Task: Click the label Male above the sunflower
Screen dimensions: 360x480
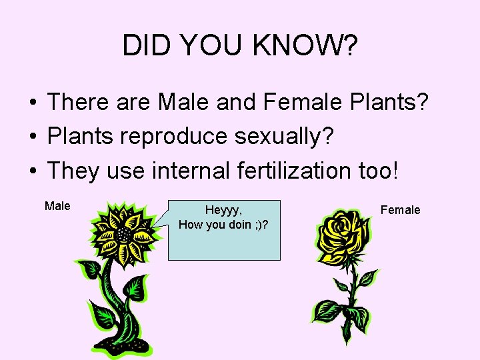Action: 57,206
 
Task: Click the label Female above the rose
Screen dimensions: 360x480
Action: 400,210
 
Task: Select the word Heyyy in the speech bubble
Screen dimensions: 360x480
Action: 222,210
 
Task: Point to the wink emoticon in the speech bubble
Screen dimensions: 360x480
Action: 256,224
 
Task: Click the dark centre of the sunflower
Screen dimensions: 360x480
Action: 123,235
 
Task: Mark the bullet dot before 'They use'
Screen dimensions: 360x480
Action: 32,171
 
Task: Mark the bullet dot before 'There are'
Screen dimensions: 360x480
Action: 32,103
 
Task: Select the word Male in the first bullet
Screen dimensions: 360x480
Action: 183,103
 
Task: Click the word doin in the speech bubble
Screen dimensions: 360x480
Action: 236,224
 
